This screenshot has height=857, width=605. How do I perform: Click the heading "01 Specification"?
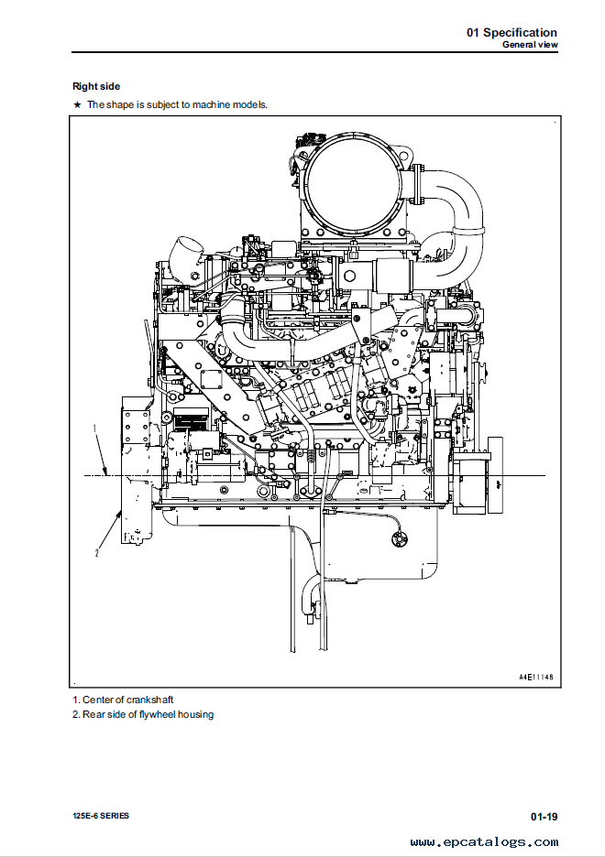511,32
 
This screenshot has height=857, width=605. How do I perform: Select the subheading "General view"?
530,45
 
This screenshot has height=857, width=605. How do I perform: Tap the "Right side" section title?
96,86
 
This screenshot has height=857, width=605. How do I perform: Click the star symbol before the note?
77,104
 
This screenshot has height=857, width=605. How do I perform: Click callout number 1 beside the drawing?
94,429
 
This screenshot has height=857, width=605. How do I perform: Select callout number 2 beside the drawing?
97,553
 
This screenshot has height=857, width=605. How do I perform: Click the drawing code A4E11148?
536,677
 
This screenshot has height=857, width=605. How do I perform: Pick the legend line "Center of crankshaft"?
123,700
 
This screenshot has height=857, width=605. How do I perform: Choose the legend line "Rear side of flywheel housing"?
143,714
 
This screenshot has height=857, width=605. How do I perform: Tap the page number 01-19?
544,817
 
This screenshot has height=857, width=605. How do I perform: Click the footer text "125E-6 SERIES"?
101,816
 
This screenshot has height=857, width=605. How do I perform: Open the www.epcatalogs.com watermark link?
485,842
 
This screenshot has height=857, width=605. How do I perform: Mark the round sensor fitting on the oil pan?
400,539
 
